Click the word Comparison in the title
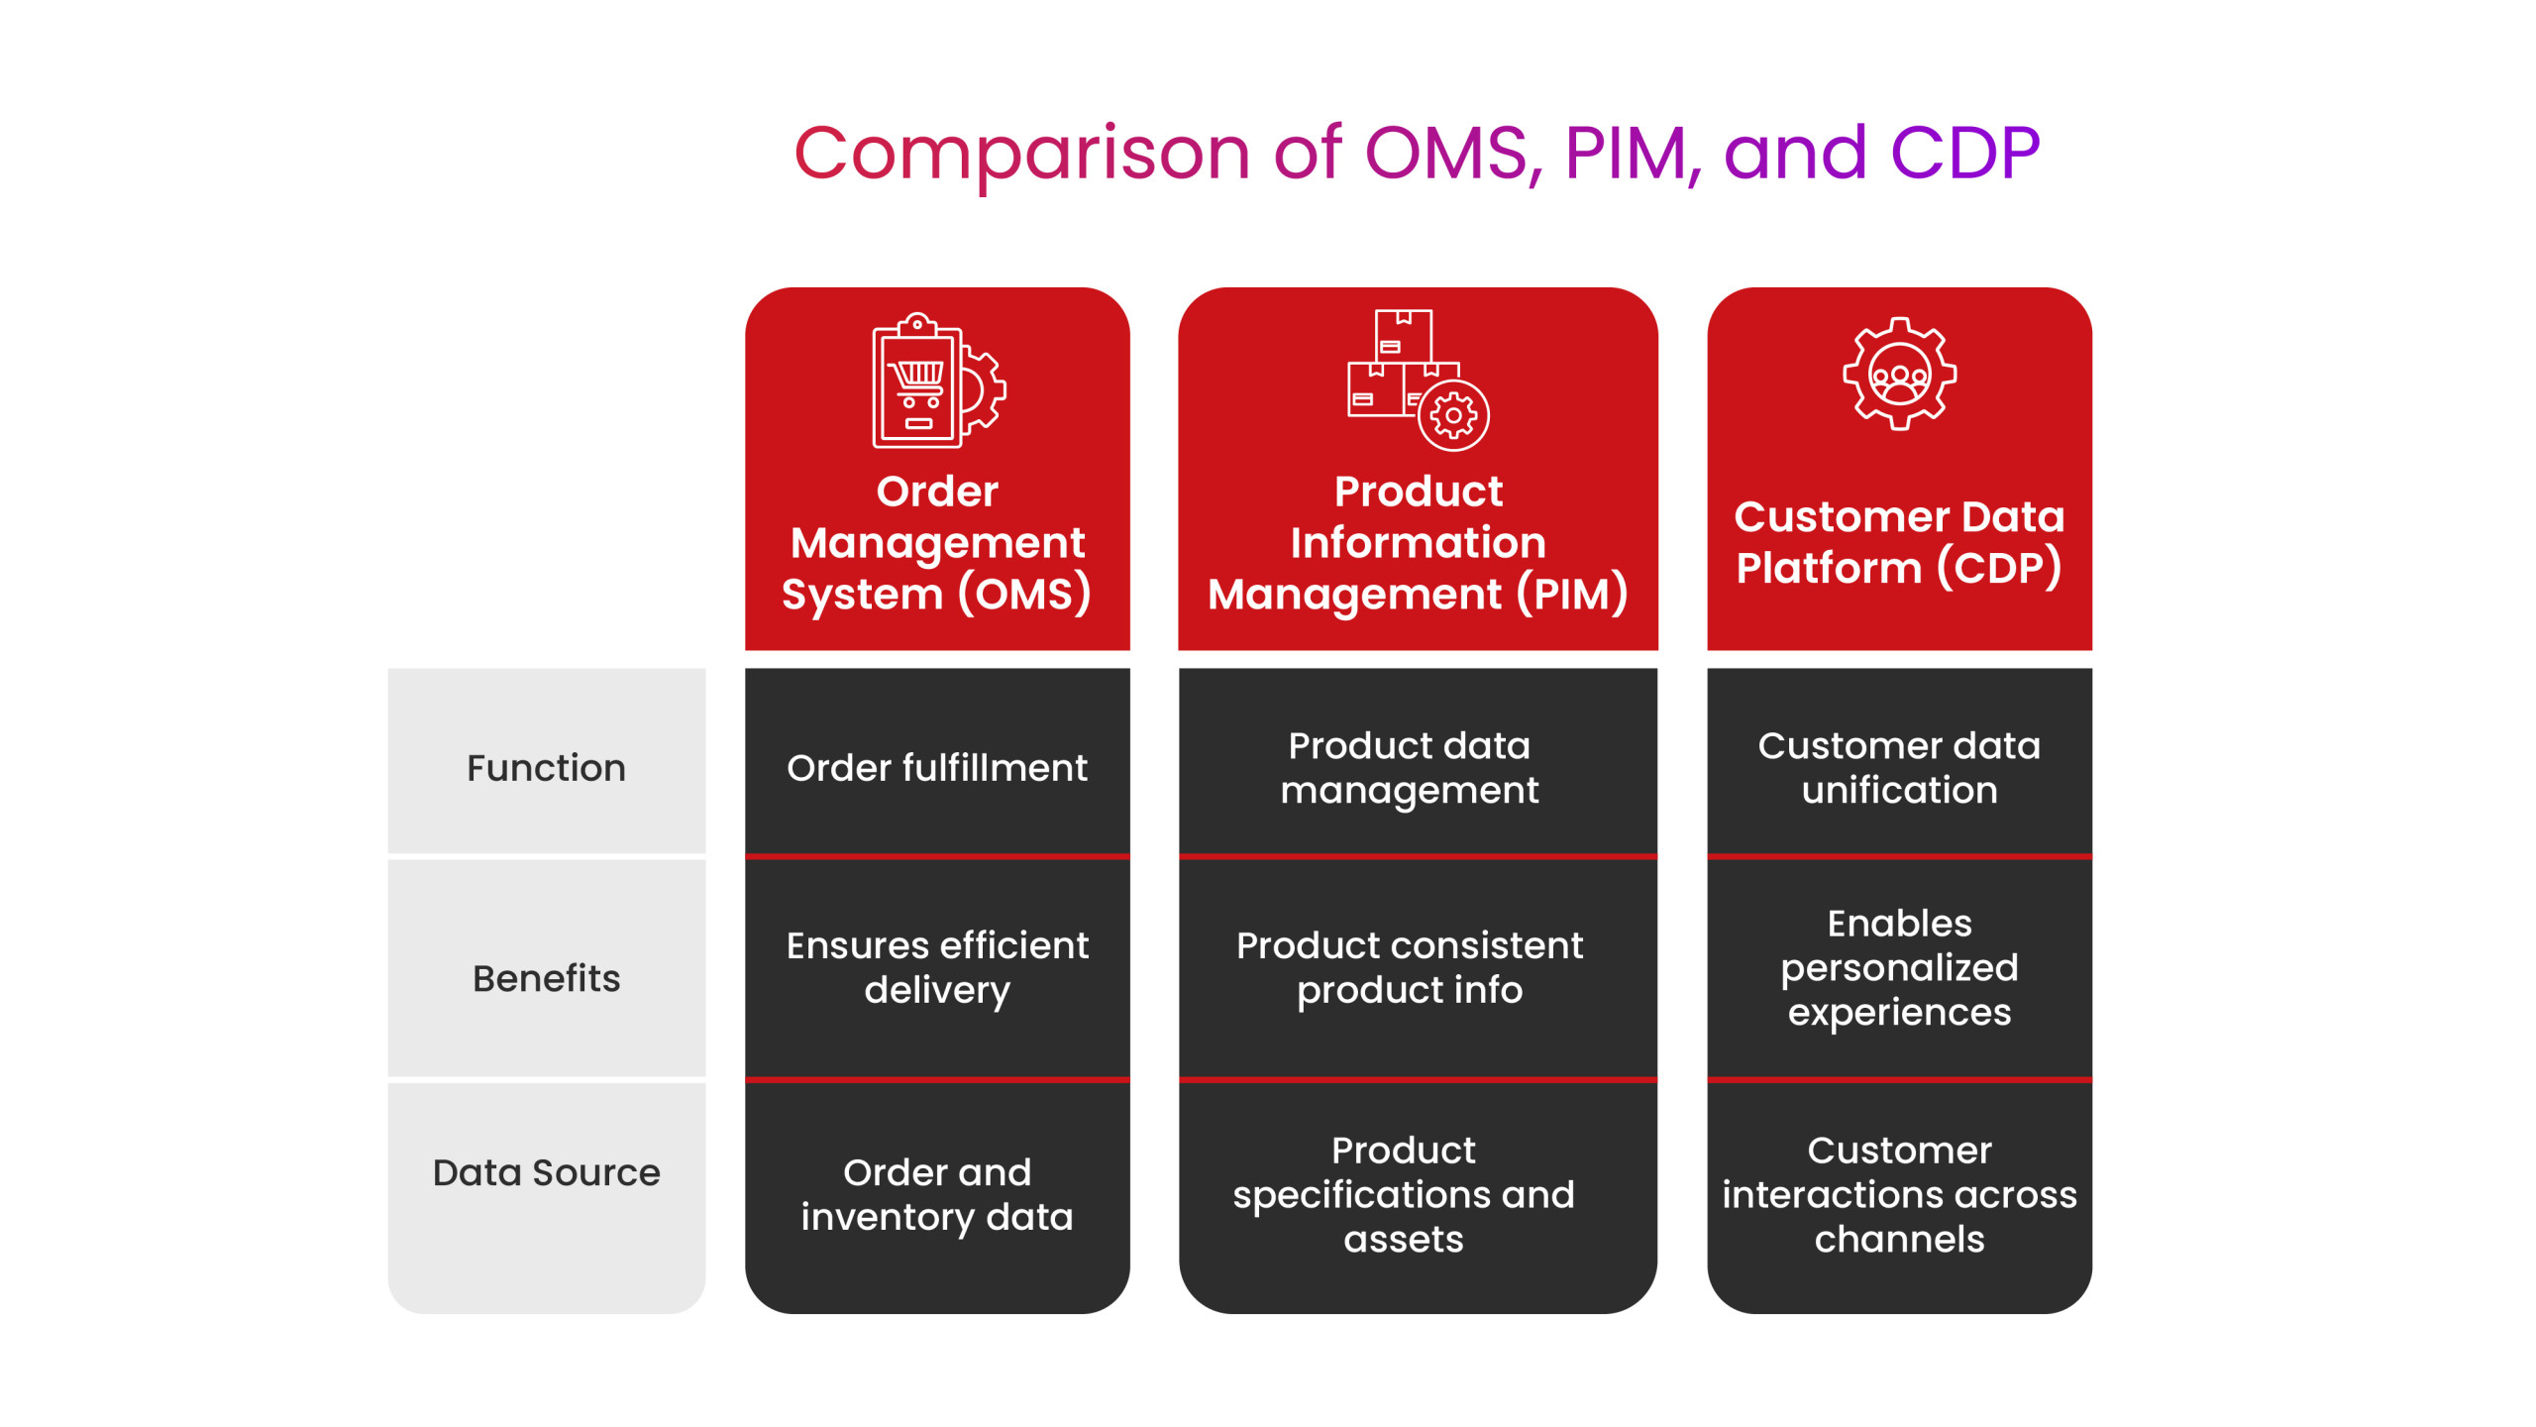(1022, 156)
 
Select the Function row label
(546, 768)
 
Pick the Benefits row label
(546, 978)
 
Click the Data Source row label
(546, 1172)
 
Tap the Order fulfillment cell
(937, 768)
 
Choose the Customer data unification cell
(1899, 768)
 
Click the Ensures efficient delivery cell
(937, 968)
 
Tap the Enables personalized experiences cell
(1899, 968)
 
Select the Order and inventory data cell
(937, 1195)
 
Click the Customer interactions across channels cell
(1899, 1195)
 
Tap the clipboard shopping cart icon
(938, 381)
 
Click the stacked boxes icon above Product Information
(1418, 381)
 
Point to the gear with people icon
(1899, 374)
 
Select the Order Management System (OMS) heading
(937, 543)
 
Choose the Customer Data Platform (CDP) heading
(1899, 543)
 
